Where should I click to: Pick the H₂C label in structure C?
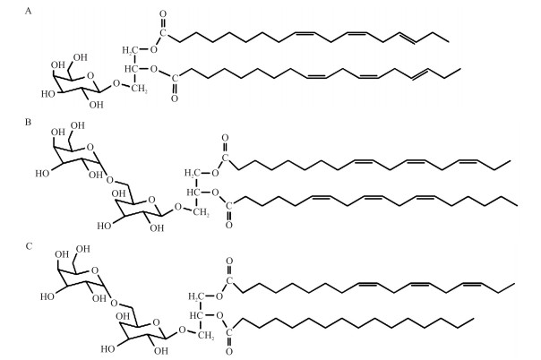192,293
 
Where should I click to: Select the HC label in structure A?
132,69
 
